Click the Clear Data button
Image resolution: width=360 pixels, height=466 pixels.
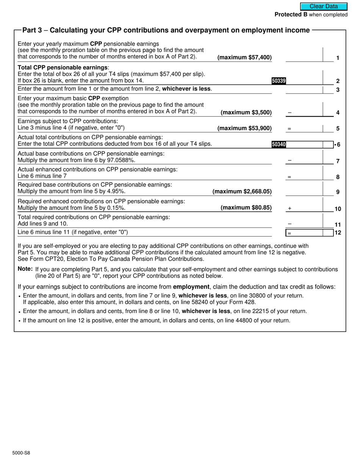tap(324, 6)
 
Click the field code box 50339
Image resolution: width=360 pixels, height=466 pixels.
tap(279, 81)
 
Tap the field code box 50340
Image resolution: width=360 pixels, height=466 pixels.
tap(279, 144)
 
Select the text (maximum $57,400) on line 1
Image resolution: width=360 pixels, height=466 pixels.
tap(244, 58)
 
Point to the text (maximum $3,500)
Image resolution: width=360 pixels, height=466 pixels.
tap(246, 113)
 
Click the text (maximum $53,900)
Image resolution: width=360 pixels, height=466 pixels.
tap(244, 128)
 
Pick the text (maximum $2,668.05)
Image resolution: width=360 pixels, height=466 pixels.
tap(242, 192)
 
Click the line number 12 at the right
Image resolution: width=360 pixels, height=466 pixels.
tap(338, 233)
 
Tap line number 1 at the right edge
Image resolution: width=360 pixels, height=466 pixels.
tap(338, 58)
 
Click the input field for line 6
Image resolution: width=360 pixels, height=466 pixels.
tap(309, 144)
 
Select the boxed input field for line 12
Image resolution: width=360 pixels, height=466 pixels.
tap(309, 233)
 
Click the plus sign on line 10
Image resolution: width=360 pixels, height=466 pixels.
tap(290, 208)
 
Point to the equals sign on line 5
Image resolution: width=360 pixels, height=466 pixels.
tap(289, 129)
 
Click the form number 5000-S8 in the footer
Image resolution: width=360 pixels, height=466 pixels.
tap(21, 453)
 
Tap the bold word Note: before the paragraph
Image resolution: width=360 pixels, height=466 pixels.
tap(25, 269)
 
